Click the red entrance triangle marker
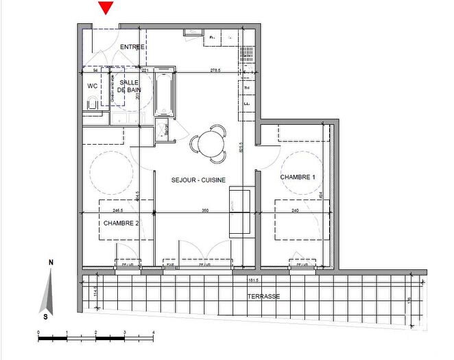(x=105, y=8)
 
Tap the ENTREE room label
(x=132, y=47)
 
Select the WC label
(x=92, y=86)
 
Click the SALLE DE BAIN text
(x=128, y=86)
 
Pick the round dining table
(x=208, y=144)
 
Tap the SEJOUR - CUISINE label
(x=199, y=180)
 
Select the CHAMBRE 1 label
(x=297, y=178)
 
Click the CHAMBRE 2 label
(x=121, y=223)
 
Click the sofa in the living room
(x=239, y=213)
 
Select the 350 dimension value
(x=204, y=211)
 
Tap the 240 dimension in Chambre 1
(x=295, y=211)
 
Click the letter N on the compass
(x=51, y=263)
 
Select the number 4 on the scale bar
(x=153, y=332)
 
